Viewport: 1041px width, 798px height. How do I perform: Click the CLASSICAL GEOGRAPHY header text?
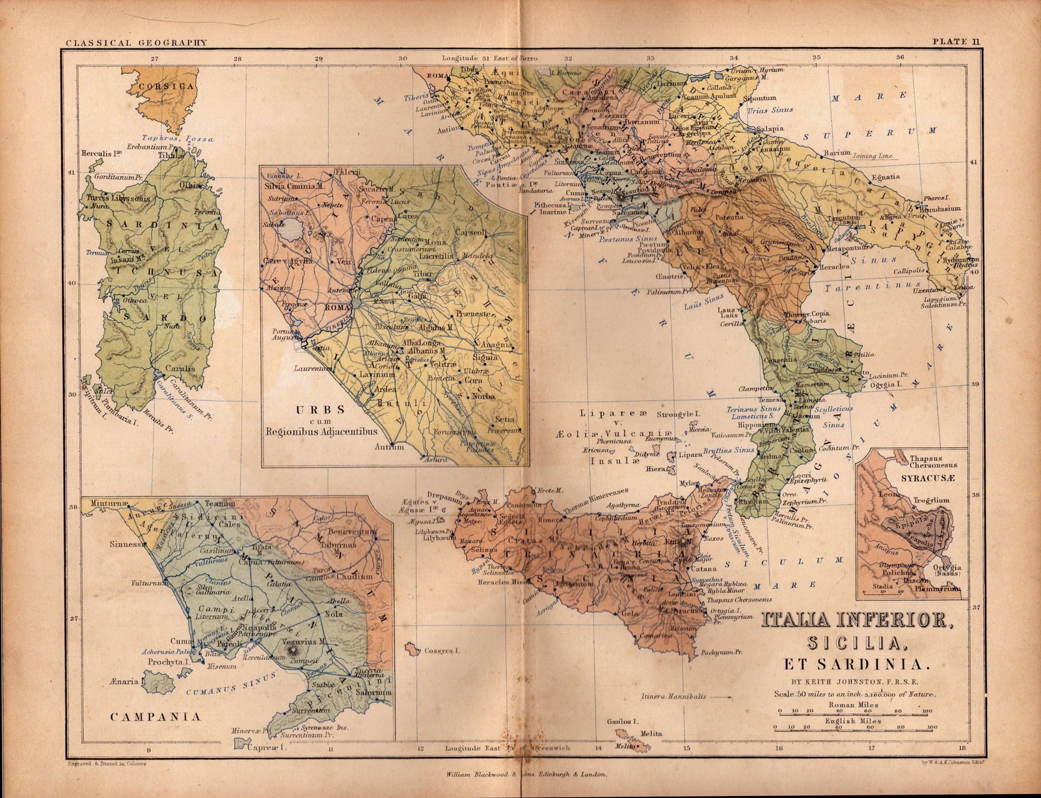tap(136, 43)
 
